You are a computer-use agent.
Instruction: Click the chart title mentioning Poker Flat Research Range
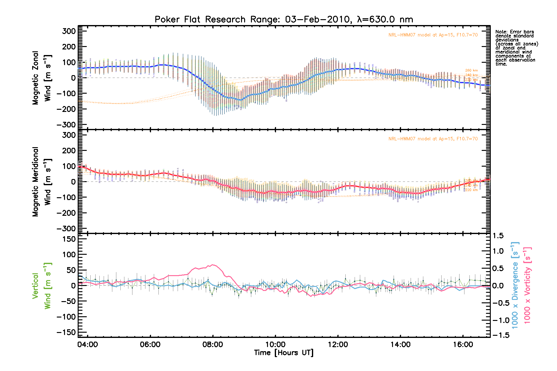(x=284, y=19)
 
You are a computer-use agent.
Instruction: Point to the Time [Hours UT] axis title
(x=283, y=353)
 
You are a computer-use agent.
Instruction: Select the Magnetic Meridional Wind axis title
(x=42, y=182)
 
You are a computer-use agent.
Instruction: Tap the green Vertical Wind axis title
(x=42, y=286)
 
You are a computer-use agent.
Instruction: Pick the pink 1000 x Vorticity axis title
(x=527, y=285)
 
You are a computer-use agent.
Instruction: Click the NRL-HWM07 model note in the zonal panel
(x=433, y=35)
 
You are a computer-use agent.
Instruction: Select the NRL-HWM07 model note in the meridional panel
(x=433, y=139)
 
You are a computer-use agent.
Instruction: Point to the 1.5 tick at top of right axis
(x=498, y=236)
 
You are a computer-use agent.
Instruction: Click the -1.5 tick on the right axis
(x=500, y=335)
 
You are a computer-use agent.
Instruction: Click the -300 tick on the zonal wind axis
(x=67, y=125)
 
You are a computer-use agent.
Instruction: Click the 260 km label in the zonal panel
(x=471, y=70)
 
